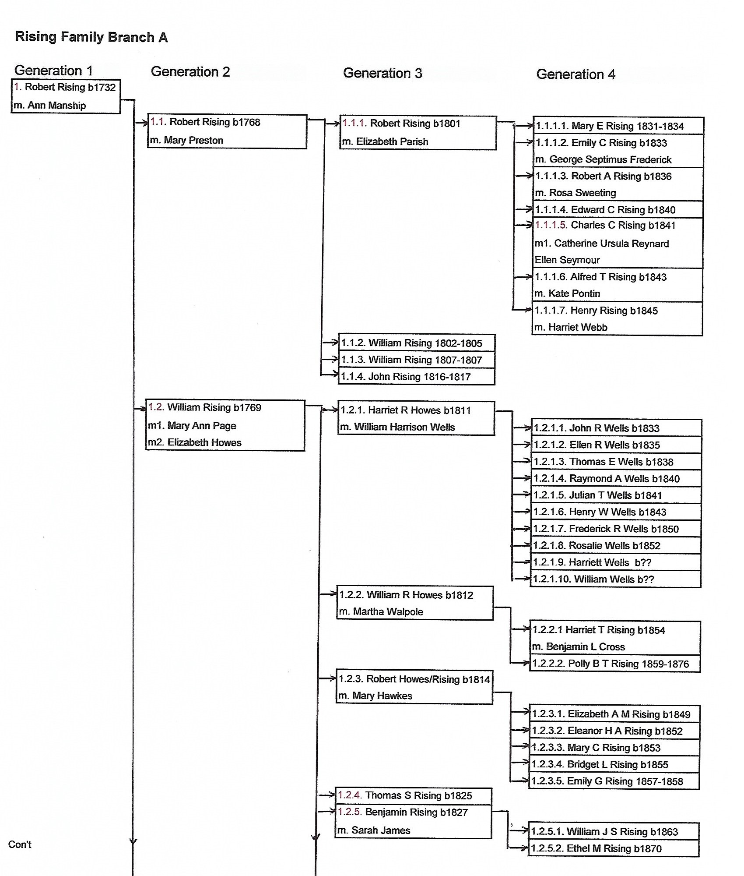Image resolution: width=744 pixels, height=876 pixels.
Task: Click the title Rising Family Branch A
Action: click(91, 37)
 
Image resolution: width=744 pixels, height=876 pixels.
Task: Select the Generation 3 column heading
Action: click(383, 73)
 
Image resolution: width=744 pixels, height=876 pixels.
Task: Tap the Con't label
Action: click(20, 844)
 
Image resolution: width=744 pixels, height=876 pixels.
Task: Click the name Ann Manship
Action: click(56, 106)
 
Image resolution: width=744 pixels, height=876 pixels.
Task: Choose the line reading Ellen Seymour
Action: click(567, 260)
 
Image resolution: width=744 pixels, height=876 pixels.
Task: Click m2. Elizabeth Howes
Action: click(195, 442)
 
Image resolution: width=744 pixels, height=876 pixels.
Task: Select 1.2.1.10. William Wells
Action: click(593, 579)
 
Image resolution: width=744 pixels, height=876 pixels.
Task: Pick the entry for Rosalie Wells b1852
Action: click(597, 546)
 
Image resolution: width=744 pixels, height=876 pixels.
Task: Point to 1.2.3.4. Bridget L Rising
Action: click(600, 765)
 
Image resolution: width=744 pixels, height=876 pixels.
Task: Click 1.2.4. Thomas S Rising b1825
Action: click(405, 795)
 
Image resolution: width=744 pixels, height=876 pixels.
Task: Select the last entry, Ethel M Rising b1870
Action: click(597, 848)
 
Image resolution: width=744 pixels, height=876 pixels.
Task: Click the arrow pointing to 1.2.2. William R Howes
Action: click(329, 594)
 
